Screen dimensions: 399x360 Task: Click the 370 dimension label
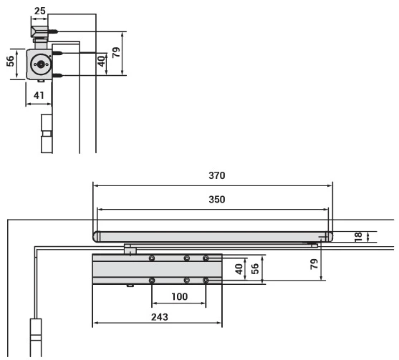[217, 175]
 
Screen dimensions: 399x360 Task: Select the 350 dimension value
[217, 199]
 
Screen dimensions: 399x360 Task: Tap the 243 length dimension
[160, 317]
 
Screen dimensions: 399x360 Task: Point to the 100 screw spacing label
[180, 296]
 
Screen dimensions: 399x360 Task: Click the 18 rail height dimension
[358, 237]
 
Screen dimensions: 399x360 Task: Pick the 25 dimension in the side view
[40, 11]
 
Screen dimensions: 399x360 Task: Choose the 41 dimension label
[39, 95]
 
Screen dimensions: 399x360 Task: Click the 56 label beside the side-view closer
[10, 61]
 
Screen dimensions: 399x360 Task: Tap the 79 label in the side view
[116, 52]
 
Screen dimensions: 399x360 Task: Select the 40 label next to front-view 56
[239, 269]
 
